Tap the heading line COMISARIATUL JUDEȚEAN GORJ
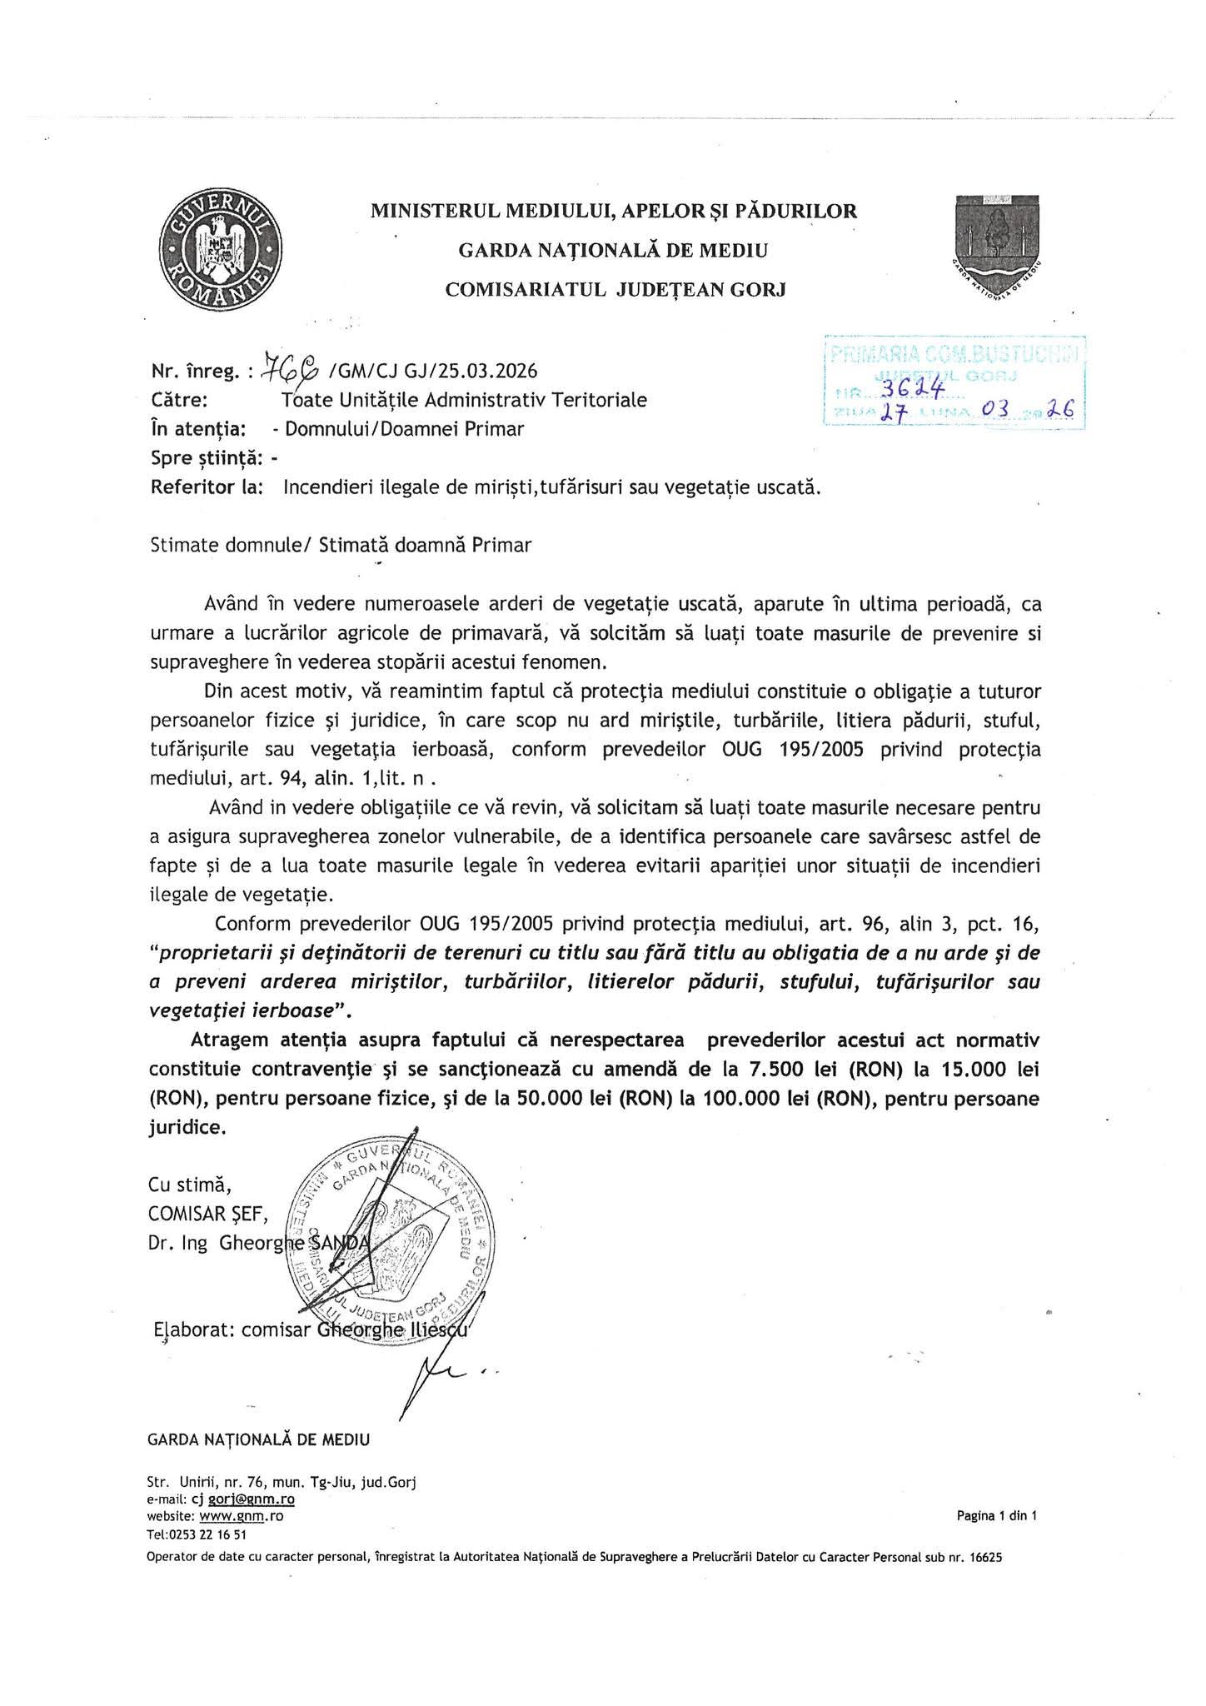pyautogui.click(x=615, y=289)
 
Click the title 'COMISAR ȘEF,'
pyautogui.click(x=208, y=1214)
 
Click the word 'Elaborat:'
pyautogui.click(x=196, y=1330)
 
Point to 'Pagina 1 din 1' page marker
pyautogui.click(x=996, y=1516)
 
